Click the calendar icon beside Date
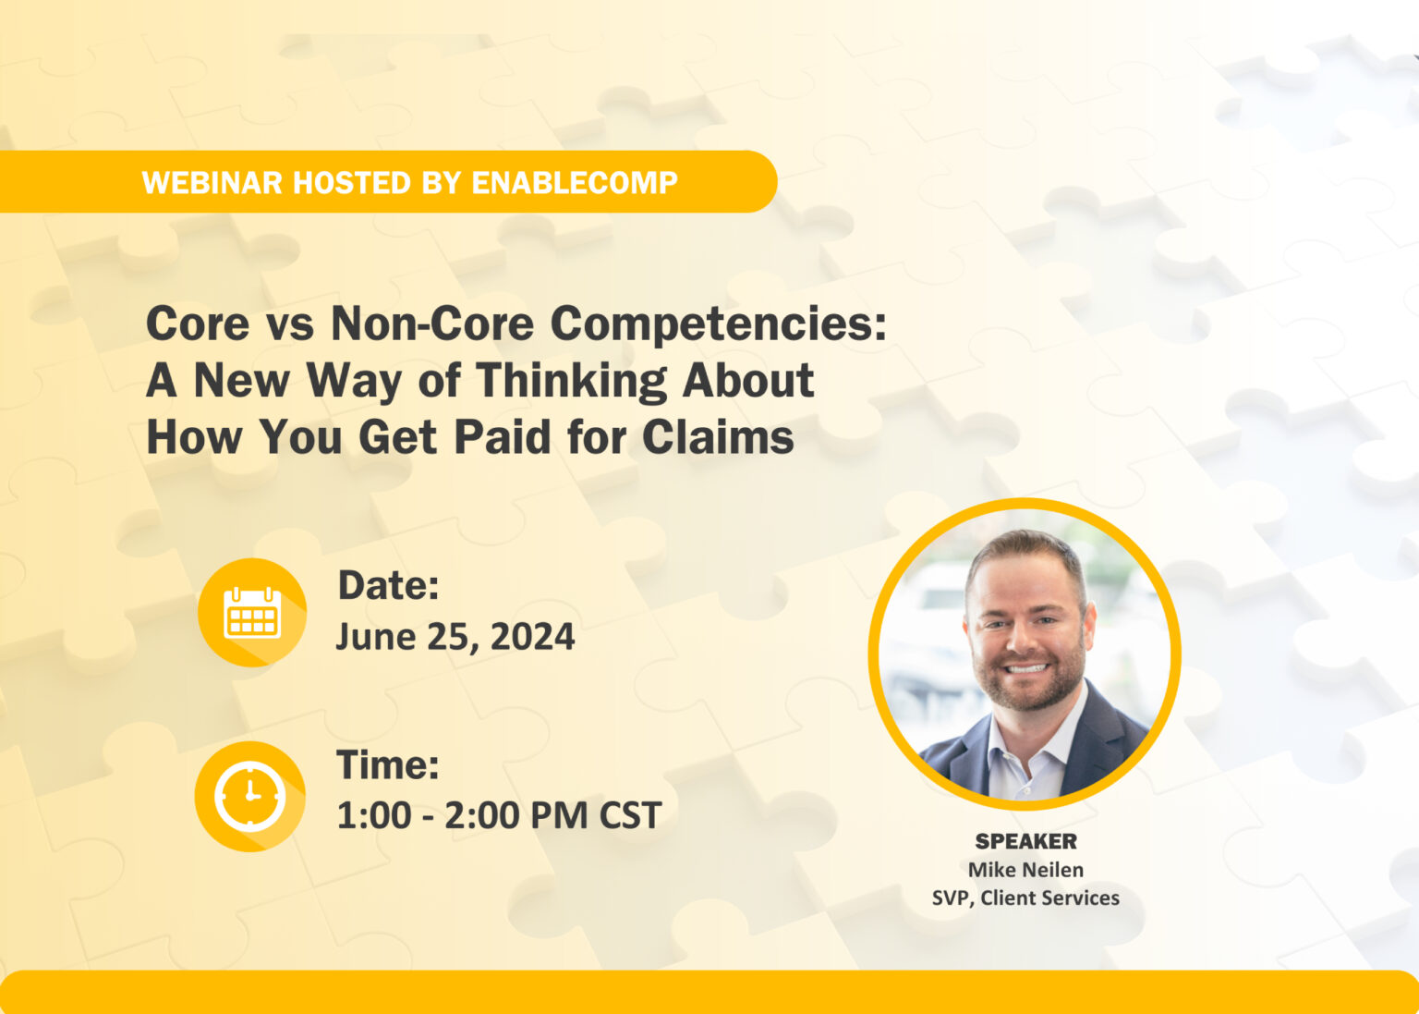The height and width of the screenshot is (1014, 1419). click(252, 612)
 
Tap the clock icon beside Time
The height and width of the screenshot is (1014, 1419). click(250, 795)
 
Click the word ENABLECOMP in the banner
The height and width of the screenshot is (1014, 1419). click(575, 183)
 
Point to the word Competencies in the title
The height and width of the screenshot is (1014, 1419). click(718, 324)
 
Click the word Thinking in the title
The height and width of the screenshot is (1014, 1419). click(571, 381)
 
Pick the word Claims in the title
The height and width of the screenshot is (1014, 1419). click(718, 437)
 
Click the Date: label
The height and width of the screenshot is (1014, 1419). click(388, 585)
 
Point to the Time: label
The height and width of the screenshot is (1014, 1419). click(388, 765)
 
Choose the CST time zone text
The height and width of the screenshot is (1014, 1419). click(630, 816)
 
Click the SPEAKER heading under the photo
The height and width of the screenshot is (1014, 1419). click(1025, 841)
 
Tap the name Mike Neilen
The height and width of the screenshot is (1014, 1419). click(1025, 870)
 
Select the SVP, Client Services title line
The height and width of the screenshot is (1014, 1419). click(1025, 898)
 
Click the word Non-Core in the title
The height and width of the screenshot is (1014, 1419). click(432, 324)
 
